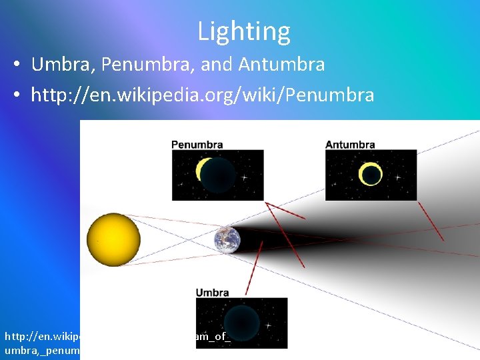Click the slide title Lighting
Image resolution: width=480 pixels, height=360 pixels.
(x=243, y=31)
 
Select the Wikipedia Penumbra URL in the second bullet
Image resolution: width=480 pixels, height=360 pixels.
(x=203, y=95)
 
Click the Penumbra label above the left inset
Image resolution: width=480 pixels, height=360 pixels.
(x=197, y=144)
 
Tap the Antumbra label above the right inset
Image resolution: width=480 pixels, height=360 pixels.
(x=349, y=144)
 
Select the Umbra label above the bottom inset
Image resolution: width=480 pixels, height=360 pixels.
(x=212, y=292)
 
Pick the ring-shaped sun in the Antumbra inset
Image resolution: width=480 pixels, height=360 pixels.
(x=370, y=175)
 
